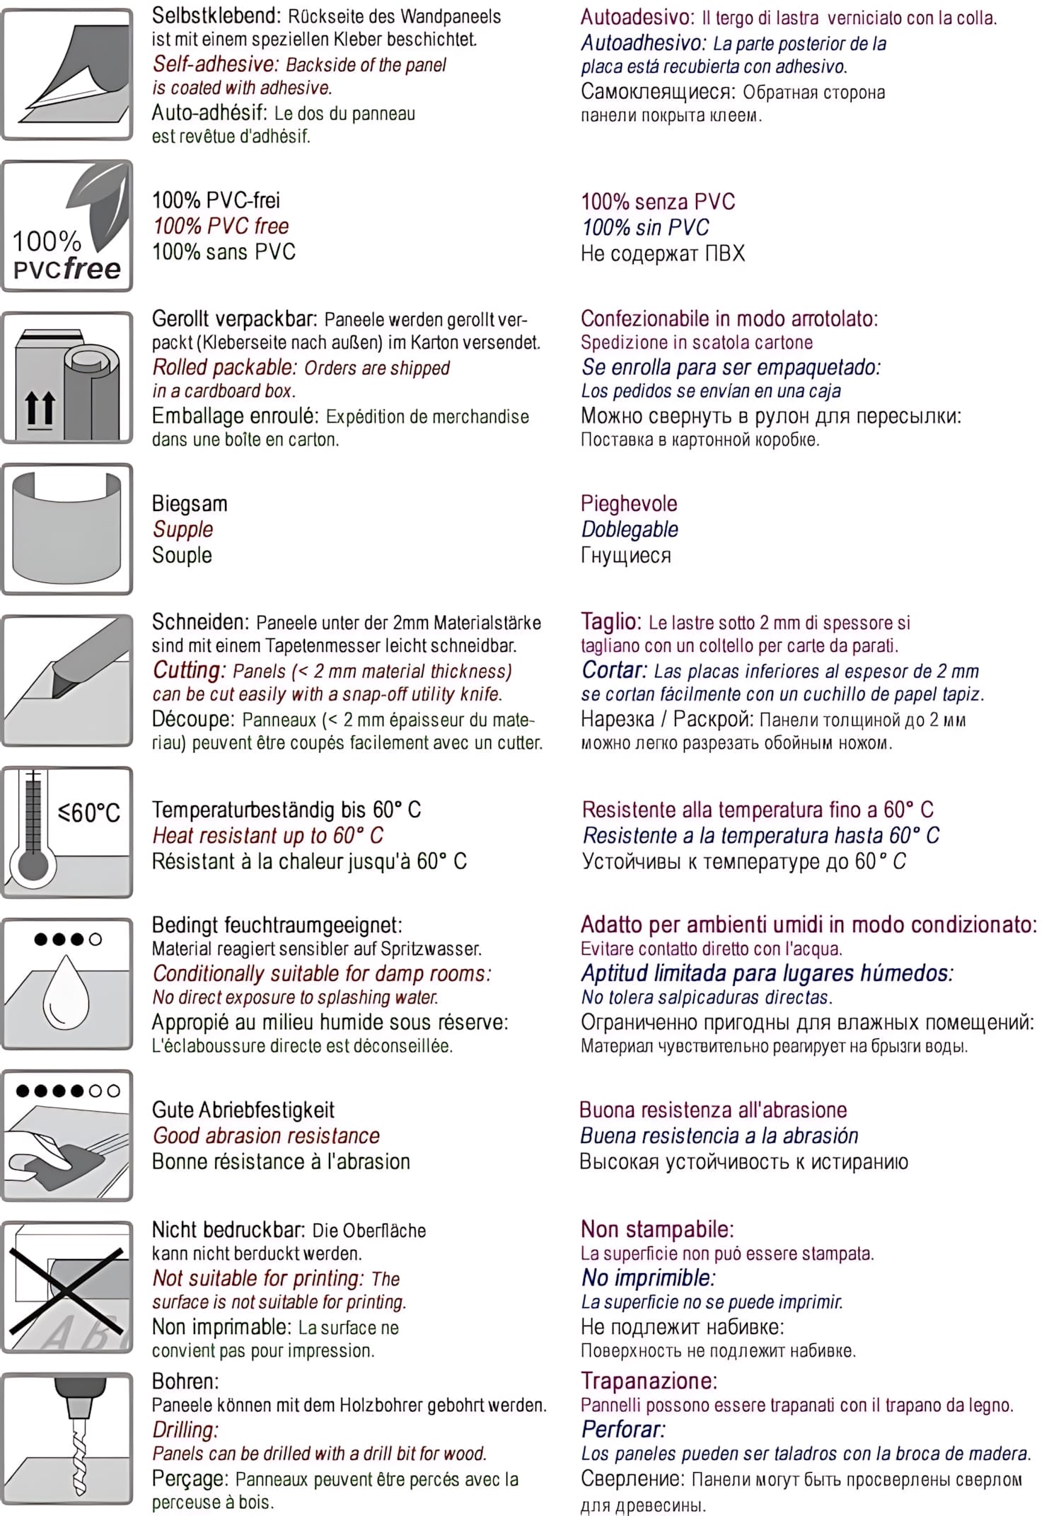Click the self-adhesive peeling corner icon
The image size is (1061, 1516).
tap(67, 74)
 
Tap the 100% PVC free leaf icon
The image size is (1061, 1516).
tap(67, 226)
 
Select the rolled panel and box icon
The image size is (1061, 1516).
tap(67, 378)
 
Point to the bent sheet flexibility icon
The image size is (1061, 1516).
tap(67, 529)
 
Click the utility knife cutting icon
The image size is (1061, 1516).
tap(67, 680)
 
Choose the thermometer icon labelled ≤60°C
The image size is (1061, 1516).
tap(67, 832)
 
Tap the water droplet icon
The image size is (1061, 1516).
tap(67, 983)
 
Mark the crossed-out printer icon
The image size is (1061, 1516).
tap(67, 1286)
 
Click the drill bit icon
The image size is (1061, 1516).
tap(67, 1437)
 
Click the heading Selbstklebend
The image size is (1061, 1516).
tap(216, 16)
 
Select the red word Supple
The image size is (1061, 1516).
tap(182, 529)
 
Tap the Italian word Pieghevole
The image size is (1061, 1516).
tap(629, 503)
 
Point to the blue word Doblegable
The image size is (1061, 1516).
tap(630, 529)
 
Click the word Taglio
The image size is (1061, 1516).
tap(610, 621)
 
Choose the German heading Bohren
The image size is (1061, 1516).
tap(185, 1381)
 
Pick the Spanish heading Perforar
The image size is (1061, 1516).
tap(623, 1429)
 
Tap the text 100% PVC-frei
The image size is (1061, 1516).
tap(216, 200)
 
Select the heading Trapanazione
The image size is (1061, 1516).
tap(649, 1380)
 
